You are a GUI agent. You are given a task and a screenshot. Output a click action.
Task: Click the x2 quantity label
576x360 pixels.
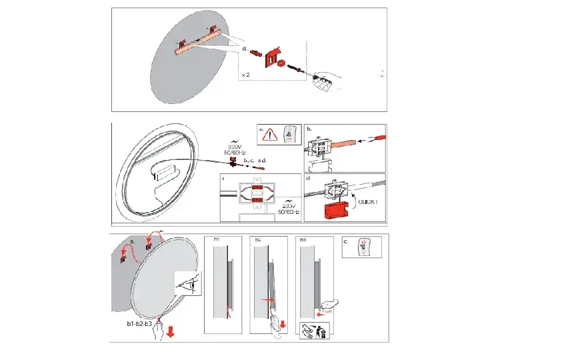[x=247, y=75]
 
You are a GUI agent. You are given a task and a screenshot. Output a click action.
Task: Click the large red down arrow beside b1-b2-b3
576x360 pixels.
[x=171, y=331]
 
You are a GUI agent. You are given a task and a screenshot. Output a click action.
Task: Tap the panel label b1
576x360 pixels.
[x=217, y=238]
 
